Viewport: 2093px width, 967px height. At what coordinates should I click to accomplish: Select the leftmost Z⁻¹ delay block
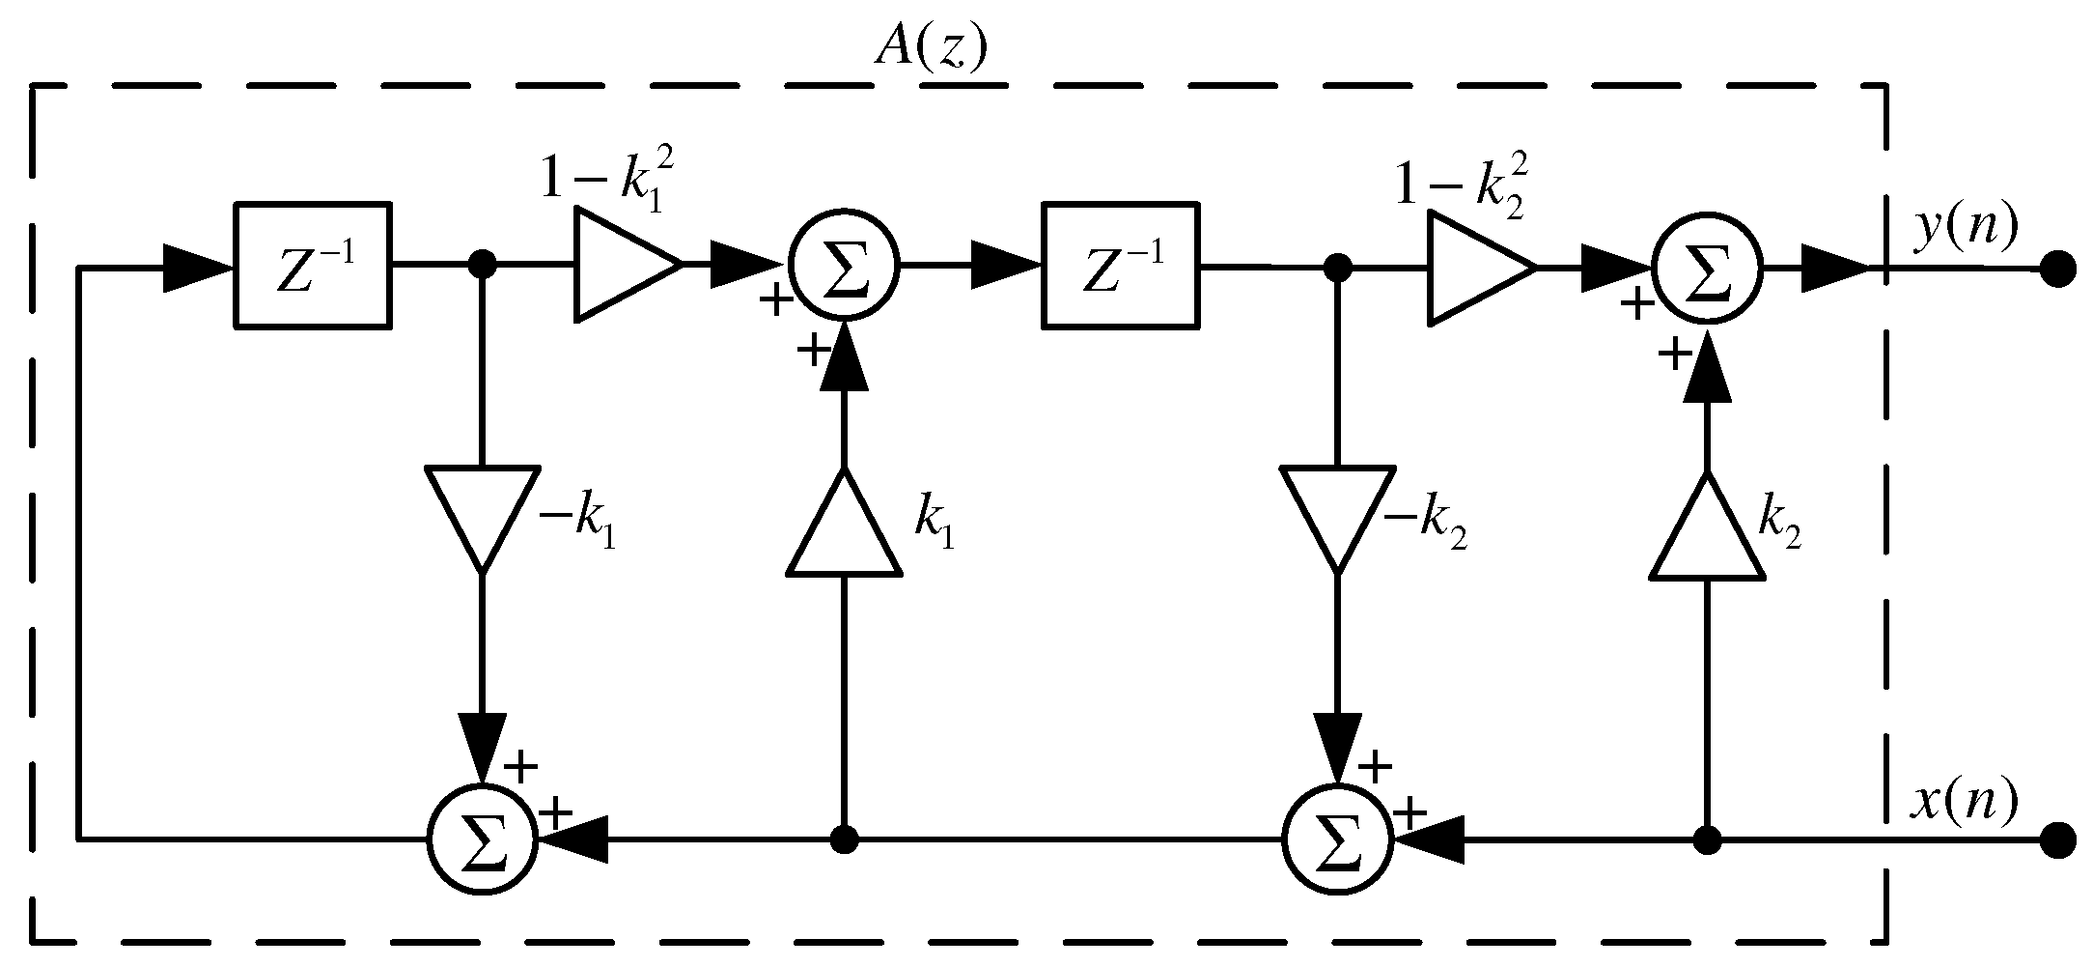click(313, 265)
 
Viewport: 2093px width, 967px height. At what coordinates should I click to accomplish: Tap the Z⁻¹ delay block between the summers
click(1120, 265)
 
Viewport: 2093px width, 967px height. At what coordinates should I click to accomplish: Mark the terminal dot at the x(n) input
click(2058, 840)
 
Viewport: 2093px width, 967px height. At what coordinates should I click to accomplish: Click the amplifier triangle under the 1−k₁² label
click(621, 265)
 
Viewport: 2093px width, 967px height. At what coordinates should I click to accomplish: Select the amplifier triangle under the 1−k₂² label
click(1475, 267)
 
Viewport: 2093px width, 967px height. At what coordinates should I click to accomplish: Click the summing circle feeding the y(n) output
click(1707, 269)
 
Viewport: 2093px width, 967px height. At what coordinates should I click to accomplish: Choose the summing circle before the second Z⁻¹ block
click(844, 263)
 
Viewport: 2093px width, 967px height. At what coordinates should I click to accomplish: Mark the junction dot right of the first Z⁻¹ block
click(482, 263)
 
